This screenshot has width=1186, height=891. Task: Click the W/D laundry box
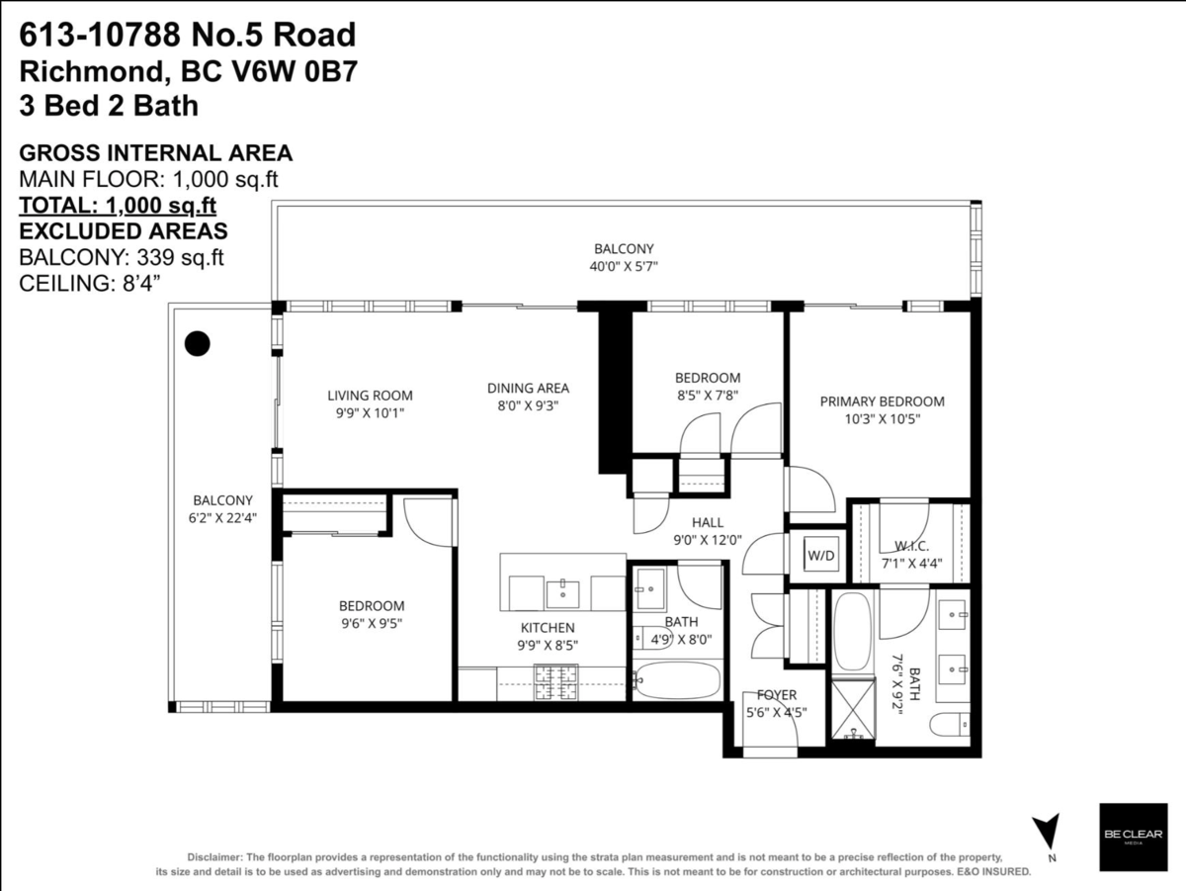click(820, 555)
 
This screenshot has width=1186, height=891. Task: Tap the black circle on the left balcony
click(199, 343)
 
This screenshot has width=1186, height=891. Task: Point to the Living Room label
click(370, 396)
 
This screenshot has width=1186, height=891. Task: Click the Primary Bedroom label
click(882, 401)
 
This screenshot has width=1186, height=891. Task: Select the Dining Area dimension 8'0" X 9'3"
click(527, 405)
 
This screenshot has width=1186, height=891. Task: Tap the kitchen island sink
click(563, 592)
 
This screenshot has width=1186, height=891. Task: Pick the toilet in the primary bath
click(950, 726)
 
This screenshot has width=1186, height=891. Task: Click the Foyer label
click(777, 695)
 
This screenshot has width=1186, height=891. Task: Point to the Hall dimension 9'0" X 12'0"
click(708, 540)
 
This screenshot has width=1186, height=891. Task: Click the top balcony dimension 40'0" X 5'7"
click(623, 266)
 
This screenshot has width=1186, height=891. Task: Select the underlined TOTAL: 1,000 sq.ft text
click(118, 205)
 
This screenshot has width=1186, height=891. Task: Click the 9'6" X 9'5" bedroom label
click(371, 623)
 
